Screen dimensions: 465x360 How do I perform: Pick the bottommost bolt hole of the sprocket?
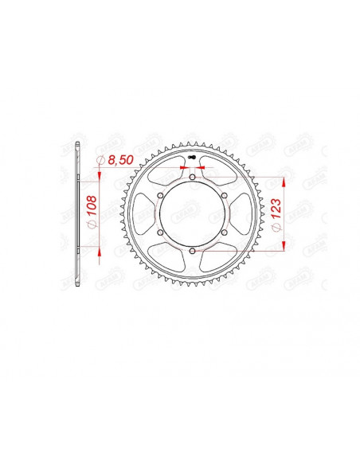pyautogui.click(x=194, y=252)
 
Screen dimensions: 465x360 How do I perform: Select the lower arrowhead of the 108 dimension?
pyautogui.click(x=100, y=250)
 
